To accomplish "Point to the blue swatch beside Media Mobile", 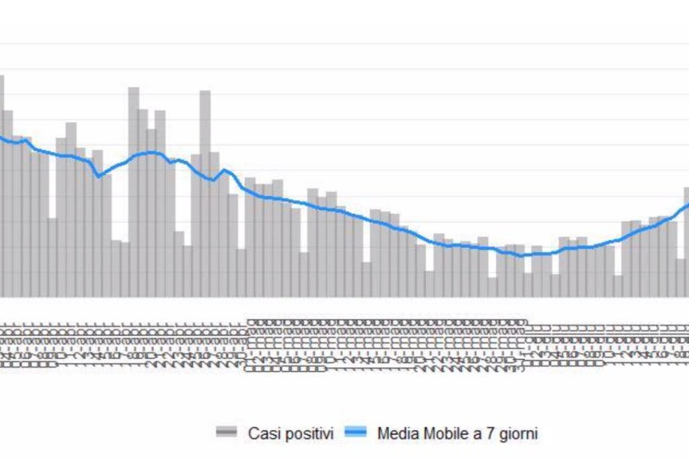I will click(355, 432).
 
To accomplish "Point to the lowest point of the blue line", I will click(519, 255).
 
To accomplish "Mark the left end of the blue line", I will click(1, 137).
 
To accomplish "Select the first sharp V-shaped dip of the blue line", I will click(100, 176).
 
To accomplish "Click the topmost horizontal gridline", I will click(344, 44).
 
